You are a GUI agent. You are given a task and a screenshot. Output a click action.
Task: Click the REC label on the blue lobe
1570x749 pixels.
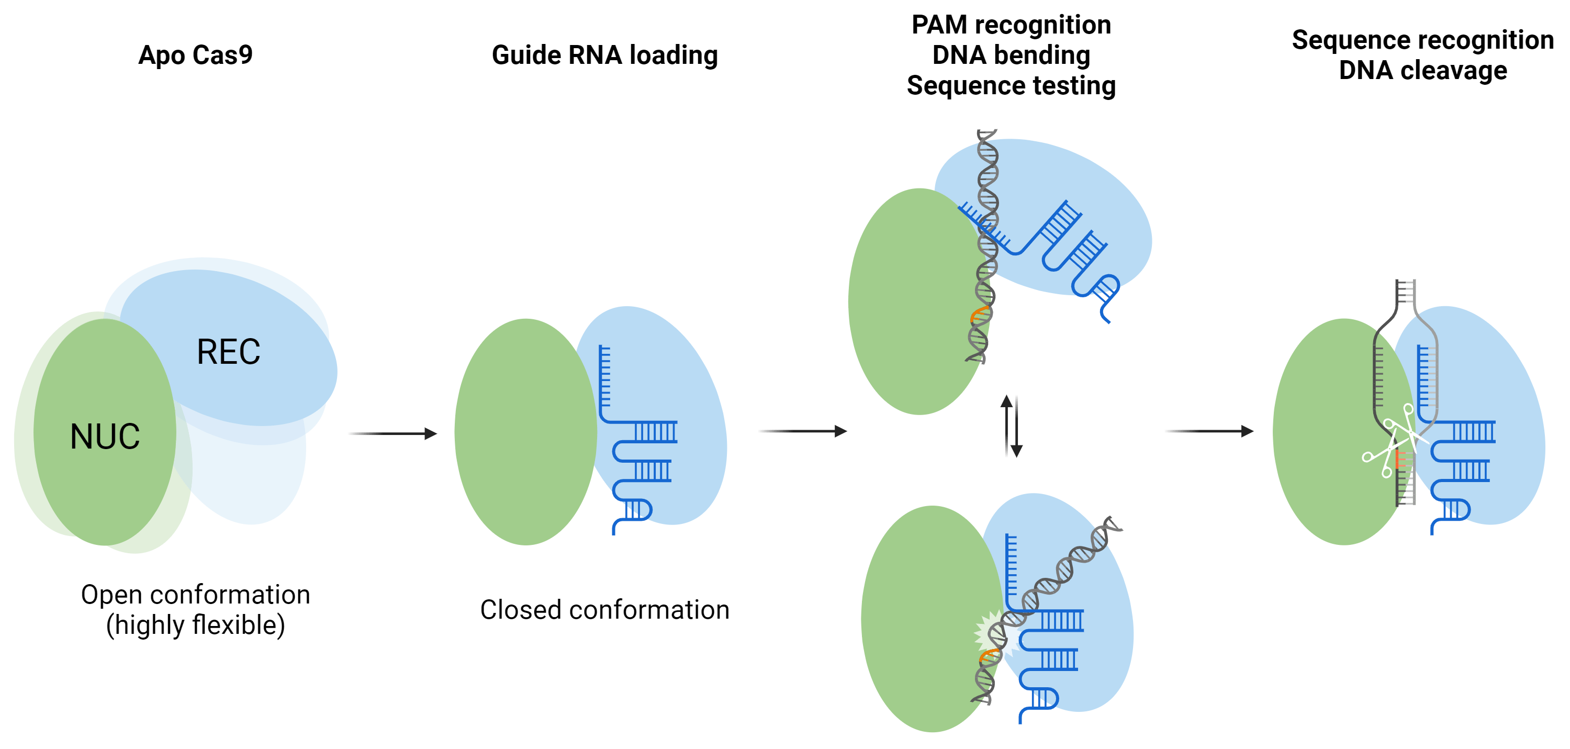point(229,352)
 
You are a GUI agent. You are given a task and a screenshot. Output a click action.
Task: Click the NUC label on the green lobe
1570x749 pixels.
point(105,437)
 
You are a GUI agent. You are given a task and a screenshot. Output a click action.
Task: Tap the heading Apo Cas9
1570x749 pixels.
point(195,55)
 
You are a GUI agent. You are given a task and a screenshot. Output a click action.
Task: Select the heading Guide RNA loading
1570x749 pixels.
point(604,55)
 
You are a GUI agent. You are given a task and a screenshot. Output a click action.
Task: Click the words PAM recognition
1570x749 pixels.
point(1011,25)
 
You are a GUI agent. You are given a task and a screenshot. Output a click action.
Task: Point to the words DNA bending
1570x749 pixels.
point(1011,55)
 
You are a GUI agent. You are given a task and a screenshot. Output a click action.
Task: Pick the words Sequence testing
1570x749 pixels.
point(1011,86)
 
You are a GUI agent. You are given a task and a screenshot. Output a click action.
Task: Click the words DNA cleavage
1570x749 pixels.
point(1422,71)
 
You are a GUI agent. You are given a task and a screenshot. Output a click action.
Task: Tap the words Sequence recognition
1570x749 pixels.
point(1422,40)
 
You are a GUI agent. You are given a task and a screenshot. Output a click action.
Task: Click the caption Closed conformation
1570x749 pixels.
point(604,609)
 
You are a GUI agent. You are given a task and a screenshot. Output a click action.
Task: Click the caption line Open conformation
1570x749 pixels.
point(195,595)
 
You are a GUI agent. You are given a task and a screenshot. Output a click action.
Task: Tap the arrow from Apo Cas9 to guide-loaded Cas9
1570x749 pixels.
point(392,434)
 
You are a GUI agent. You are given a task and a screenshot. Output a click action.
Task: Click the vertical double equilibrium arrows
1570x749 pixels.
point(1012,426)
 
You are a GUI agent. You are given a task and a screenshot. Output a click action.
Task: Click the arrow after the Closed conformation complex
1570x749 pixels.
point(803,431)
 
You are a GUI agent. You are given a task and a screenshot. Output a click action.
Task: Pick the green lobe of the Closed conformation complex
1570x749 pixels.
point(524,431)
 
